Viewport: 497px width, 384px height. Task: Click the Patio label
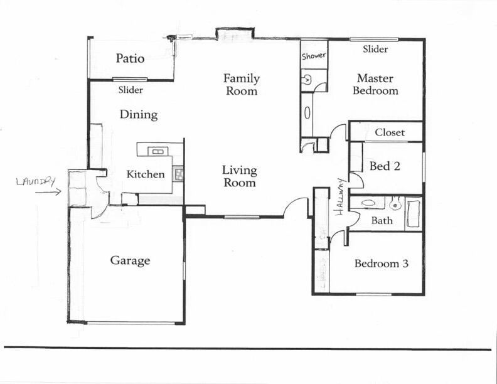[x=130, y=59]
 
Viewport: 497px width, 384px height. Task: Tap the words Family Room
[x=242, y=85]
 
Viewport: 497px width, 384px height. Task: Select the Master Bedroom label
[x=375, y=85]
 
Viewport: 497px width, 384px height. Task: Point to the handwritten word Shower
[x=314, y=56]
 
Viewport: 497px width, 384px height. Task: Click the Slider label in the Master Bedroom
[x=375, y=49]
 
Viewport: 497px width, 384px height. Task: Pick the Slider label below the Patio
[x=131, y=90]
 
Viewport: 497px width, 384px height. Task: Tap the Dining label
[x=138, y=115]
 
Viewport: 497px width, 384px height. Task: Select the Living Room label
[x=239, y=176]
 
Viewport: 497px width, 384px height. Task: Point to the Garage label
[x=130, y=260]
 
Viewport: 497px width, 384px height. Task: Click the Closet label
[x=390, y=132]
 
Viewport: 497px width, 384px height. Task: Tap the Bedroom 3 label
[x=382, y=264]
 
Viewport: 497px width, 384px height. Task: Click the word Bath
[x=382, y=220]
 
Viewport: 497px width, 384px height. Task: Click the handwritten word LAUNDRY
[x=36, y=181]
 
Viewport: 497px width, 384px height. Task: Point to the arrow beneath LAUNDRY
[x=48, y=192]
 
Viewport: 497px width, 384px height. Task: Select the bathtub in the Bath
[x=414, y=212]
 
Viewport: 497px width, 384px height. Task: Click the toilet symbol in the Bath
[x=395, y=203]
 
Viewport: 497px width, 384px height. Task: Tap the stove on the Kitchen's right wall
[x=179, y=174]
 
